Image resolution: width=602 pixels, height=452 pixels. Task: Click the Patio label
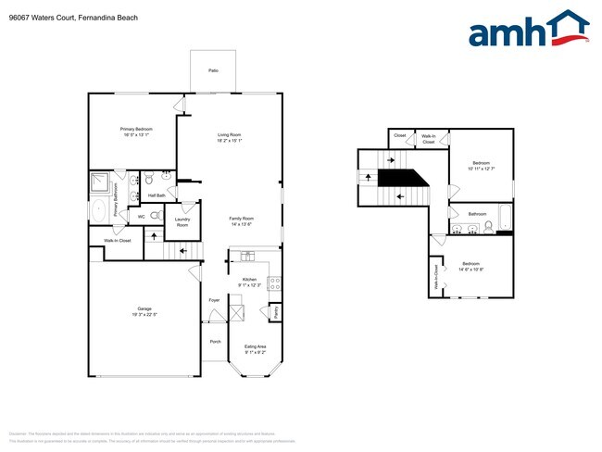213,70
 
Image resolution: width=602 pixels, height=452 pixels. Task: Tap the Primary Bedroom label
136,129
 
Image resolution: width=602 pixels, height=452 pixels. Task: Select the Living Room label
230,136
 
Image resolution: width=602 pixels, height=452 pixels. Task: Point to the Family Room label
242,219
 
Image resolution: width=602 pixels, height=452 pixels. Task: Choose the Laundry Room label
182,222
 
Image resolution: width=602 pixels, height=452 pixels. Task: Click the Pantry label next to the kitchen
276,312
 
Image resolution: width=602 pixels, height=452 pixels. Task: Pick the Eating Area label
256,346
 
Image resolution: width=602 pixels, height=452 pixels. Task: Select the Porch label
215,341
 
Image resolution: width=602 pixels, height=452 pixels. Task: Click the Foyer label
214,300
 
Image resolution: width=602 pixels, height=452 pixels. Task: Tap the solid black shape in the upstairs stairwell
404,177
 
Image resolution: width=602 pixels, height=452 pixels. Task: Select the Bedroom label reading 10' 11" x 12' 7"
481,166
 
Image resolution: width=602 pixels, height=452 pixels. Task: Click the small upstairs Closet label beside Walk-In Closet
400,136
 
